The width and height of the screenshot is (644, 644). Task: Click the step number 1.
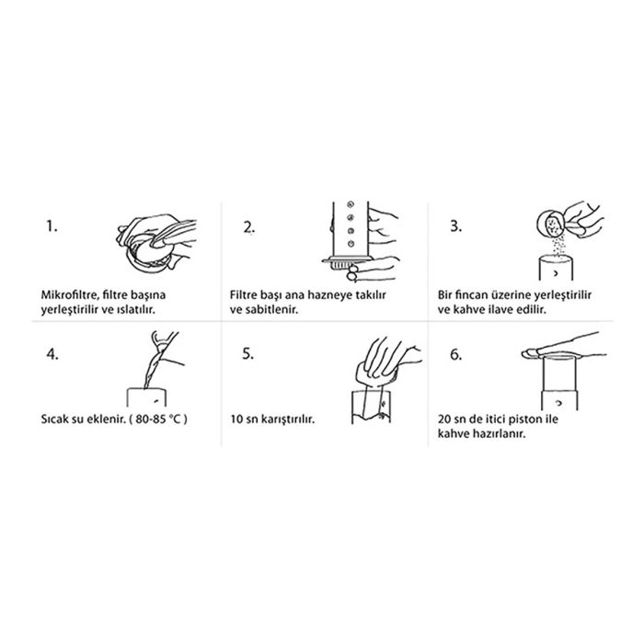tap(52, 226)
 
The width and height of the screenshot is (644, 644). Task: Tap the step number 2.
tap(249, 227)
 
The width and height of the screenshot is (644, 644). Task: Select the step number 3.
tap(456, 226)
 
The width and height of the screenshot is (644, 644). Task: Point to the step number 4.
tap(52, 354)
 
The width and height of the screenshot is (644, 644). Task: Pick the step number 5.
tap(247, 353)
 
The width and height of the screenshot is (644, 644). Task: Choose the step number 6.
tap(456, 354)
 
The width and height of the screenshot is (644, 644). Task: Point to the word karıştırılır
tap(289, 420)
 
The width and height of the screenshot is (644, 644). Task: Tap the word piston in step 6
tap(523, 420)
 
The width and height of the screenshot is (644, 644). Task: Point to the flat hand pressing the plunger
tap(563, 348)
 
